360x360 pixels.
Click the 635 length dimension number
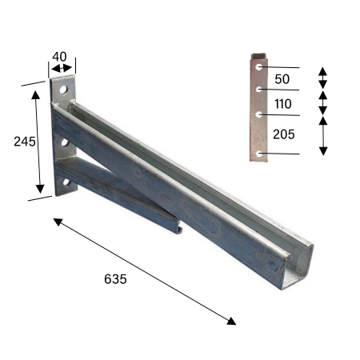tap(115, 279)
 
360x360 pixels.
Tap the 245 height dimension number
tap(25, 142)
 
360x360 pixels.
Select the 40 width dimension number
tap(59, 57)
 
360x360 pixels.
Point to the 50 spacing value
tap(282, 79)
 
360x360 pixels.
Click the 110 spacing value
tap(283, 104)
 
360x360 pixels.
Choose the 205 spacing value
tap(284, 134)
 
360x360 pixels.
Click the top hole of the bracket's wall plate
tap(63, 90)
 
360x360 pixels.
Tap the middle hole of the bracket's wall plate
tap(65, 142)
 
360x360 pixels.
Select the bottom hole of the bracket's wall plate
tap(66, 182)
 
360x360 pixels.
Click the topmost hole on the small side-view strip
tap(258, 67)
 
